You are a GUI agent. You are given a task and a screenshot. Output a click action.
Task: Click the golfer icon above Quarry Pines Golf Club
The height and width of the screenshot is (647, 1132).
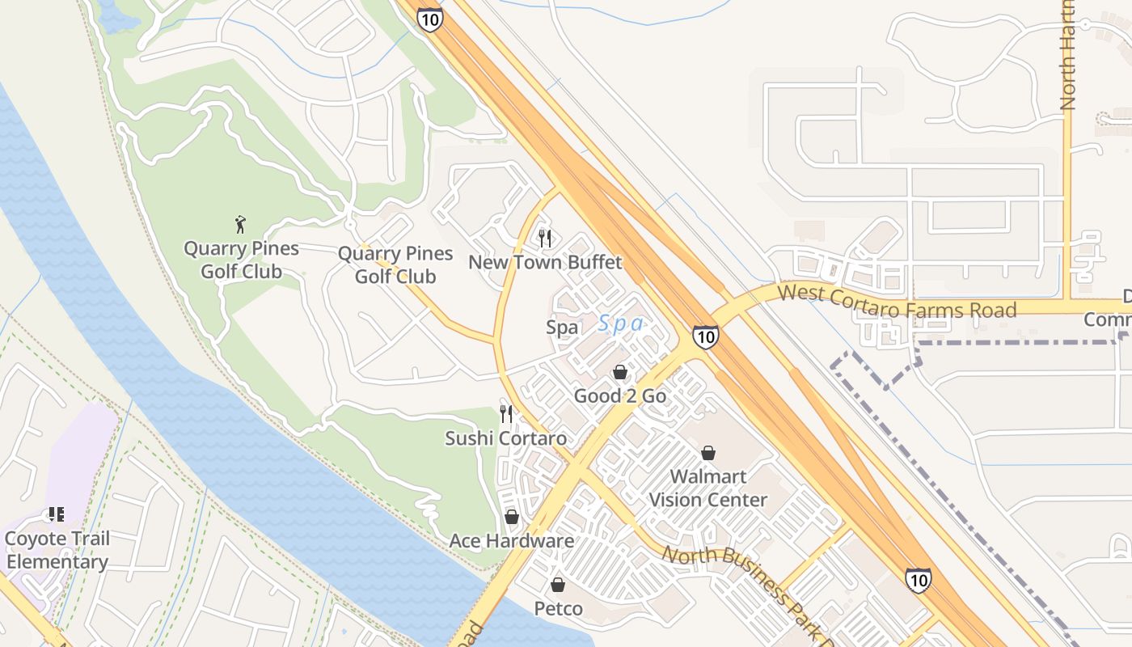click(240, 224)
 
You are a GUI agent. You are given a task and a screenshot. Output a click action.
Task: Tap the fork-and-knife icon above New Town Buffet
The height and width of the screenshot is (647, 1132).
click(545, 238)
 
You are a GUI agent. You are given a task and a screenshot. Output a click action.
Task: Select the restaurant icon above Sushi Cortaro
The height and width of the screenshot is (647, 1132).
click(506, 414)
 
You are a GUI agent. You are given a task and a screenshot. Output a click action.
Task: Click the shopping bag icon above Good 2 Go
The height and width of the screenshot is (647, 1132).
click(620, 372)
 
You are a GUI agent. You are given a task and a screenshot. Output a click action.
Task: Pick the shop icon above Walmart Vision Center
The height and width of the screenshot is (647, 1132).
click(708, 453)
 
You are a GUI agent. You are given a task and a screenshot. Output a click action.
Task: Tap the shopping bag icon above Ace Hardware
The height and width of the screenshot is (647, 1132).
click(512, 517)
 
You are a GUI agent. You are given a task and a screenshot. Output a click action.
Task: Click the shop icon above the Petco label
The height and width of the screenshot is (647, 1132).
click(558, 585)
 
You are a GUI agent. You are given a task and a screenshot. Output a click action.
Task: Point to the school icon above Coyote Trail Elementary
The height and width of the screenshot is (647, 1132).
click(56, 514)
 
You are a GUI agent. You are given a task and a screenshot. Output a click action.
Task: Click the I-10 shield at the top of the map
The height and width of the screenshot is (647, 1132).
click(431, 20)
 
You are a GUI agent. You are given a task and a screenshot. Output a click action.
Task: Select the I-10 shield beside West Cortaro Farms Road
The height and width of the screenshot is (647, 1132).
click(705, 336)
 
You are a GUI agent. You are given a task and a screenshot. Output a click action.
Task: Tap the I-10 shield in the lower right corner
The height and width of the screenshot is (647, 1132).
click(918, 580)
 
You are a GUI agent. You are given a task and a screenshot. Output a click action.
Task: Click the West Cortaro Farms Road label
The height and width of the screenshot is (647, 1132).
click(897, 301)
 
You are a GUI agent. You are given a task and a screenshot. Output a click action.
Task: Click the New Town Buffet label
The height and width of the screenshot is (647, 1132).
click(545, 262)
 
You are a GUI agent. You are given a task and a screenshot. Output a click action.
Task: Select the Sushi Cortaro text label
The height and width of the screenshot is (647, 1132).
click(505, 438)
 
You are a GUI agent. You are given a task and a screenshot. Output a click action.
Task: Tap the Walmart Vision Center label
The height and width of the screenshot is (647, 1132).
click(708, 488)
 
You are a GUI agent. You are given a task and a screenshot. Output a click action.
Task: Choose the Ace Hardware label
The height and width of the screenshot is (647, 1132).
click(512, 541)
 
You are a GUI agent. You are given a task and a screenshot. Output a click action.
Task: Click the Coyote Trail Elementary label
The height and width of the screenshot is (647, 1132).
click(57, 550)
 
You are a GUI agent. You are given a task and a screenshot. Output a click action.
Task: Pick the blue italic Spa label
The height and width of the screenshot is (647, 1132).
click(621, 324)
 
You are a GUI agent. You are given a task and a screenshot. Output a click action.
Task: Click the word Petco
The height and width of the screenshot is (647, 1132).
click(558, 608)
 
